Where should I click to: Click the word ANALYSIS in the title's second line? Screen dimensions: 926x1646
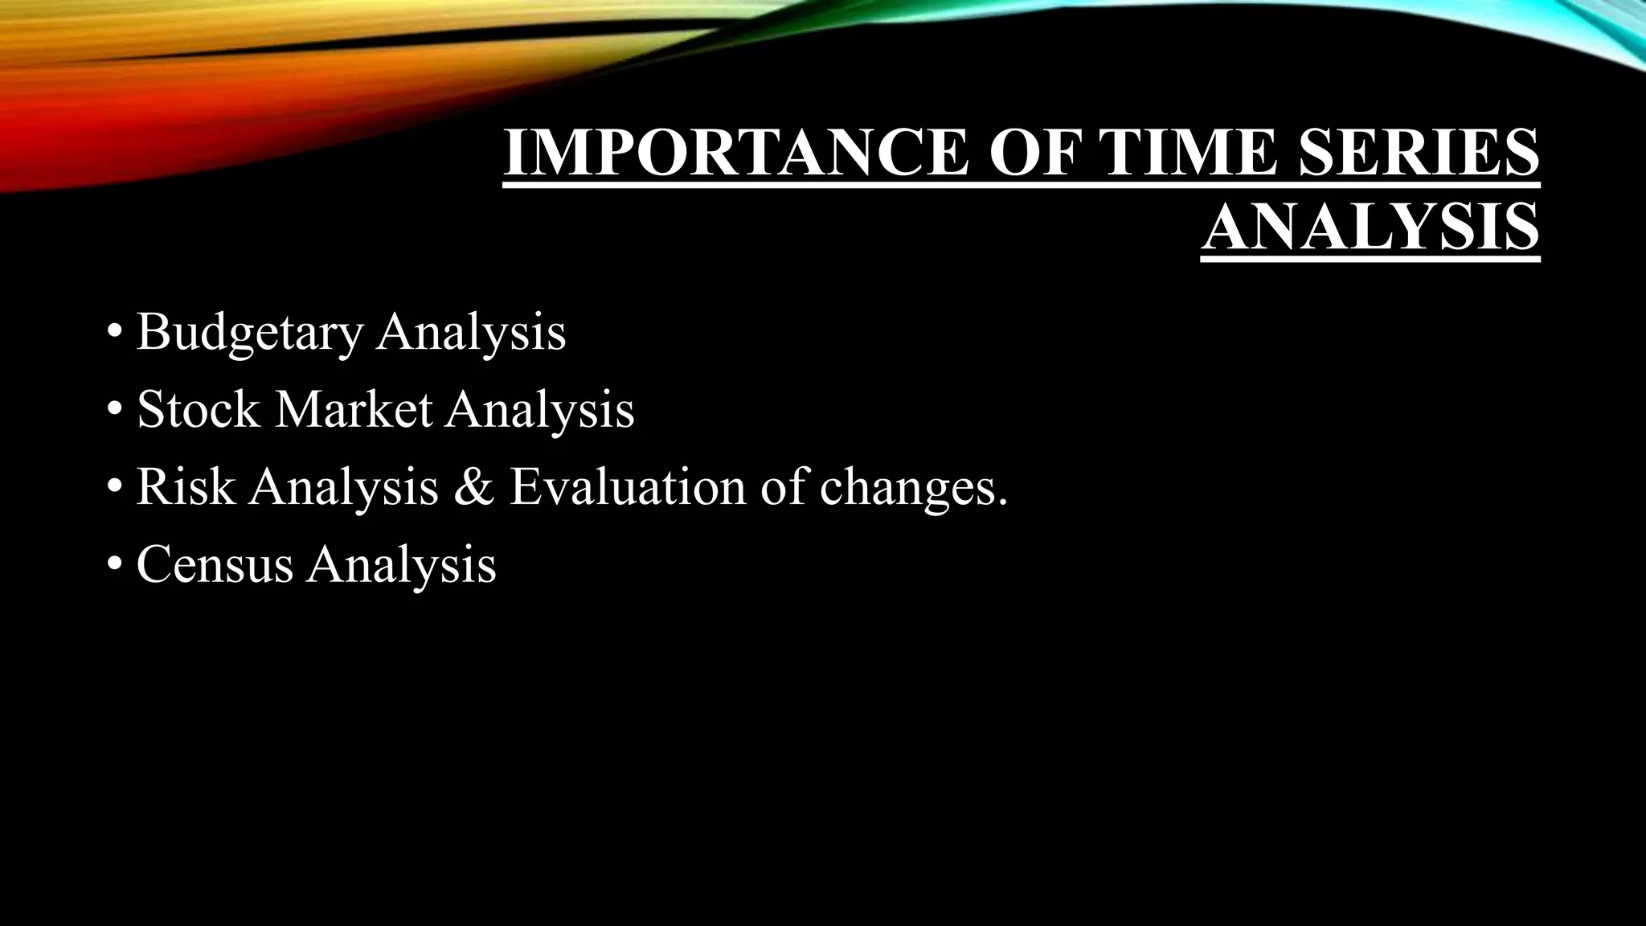1370,227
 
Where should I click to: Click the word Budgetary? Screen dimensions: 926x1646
249,332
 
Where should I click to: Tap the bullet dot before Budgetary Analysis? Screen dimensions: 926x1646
114,333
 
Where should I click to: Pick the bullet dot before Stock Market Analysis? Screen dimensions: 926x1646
114,410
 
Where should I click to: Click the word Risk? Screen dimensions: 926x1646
186,487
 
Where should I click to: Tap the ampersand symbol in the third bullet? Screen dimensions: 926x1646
473,487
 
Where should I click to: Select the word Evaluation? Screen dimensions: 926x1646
628,487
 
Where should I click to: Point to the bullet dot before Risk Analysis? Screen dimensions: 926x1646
114,488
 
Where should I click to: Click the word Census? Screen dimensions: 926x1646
215,564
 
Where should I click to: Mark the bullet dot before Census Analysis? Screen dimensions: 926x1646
114,565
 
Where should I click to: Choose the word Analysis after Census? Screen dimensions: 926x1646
401,564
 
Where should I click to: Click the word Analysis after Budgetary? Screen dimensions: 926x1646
472,332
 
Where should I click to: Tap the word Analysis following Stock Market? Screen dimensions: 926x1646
540,409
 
